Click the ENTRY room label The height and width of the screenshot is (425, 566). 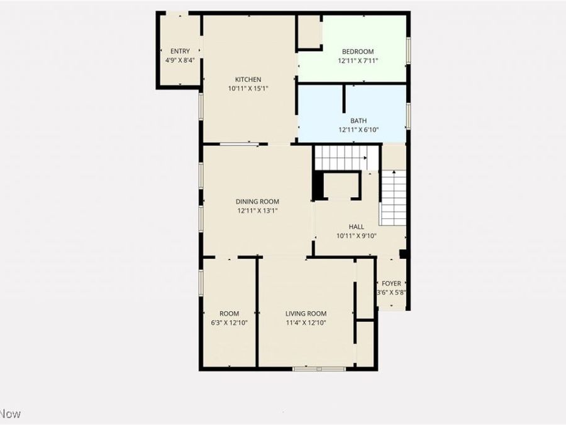(180, 52)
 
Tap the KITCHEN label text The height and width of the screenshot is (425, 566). (248, 79)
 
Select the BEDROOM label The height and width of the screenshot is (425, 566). (358, 52)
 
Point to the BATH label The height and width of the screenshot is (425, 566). (358, 121)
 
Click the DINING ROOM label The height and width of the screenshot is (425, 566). (258, 202)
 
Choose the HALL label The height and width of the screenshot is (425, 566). (356, 227)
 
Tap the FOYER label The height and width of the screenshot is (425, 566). (391, 284)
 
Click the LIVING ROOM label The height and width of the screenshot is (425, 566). (306, 314)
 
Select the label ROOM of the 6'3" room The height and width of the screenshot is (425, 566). (229, 314)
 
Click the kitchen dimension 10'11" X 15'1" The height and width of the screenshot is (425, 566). (248, 89)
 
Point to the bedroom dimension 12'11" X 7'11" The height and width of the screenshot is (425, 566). (358, 61)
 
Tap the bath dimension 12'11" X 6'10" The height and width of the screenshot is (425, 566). (358, 130)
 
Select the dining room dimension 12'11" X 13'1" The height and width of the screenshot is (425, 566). (258, 212)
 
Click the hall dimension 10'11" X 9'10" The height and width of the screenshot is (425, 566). (356, 236)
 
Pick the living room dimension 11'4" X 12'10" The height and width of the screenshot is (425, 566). (306, 323)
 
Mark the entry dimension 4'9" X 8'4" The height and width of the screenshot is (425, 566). (180, 60)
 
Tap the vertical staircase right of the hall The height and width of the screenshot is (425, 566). (394, 197)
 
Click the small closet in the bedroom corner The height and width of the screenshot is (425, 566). (309, 32)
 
